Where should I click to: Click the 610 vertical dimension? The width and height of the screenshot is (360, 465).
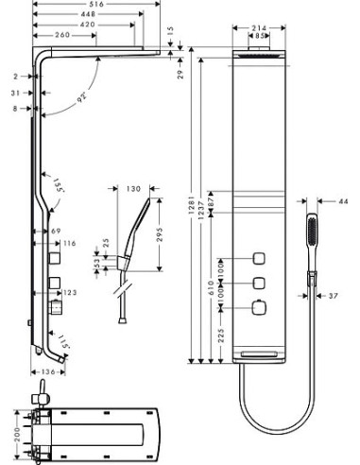coord(212,287)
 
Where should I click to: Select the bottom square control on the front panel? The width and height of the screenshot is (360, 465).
coord(257,305)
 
